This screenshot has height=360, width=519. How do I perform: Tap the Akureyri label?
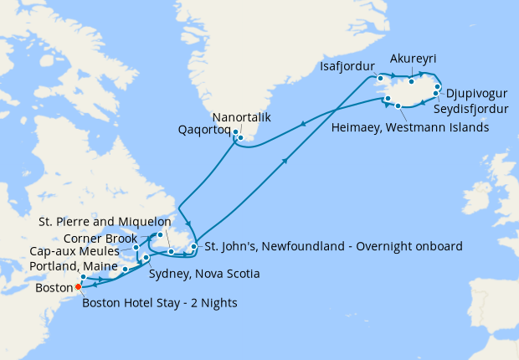[414, 59]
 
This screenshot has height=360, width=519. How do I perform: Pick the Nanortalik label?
[242, 117]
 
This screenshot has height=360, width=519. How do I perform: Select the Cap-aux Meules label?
[80, 250]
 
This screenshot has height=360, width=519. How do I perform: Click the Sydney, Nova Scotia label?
[203, 274]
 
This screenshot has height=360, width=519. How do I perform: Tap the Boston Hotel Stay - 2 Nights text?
[160, 302]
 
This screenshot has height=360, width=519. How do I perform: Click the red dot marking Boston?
[78, 286]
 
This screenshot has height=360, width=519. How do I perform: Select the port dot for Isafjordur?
[380, 78]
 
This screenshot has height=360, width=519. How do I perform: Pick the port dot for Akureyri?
[411, 81]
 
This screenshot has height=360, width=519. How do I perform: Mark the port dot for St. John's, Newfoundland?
[194, 246]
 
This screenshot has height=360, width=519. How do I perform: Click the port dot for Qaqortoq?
[236, 132]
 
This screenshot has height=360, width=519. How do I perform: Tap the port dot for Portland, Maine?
[84, 276]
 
